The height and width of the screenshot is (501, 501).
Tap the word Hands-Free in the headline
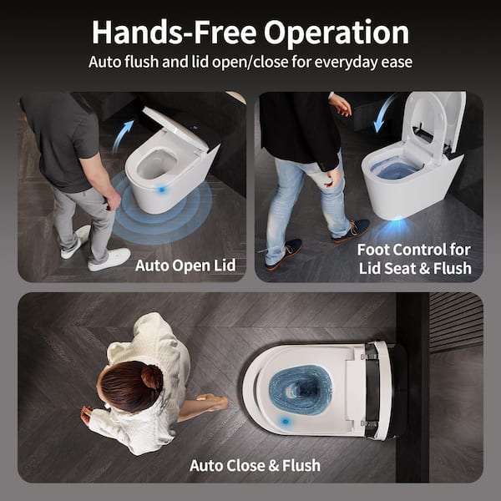point(175,33)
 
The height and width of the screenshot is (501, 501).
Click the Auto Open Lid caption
point(185,266)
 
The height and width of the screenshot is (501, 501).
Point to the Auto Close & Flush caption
point(255,465)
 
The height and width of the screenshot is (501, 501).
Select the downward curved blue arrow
point(384,113)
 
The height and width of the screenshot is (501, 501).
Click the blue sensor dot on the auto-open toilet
point(161,190)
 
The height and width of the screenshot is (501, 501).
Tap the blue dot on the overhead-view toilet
point(285,422)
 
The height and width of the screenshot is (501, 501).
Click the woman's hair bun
point(152,377)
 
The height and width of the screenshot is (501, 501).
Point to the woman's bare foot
point(213,402)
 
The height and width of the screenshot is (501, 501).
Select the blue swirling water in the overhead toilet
point(301,390)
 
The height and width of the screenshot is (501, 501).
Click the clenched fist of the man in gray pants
point(113,200)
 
